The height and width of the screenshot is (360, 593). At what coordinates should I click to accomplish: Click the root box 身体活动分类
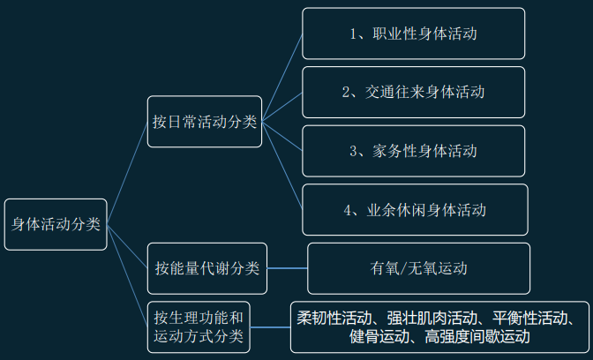pyautogui.click(x=56, y=224)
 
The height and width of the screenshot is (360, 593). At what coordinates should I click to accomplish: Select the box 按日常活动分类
pyautogui.click(x=205, y=122)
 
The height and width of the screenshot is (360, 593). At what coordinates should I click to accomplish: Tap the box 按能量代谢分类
pyautogui.click(x=205, y=267)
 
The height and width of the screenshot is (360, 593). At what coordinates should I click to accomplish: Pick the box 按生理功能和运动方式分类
pyautogui.click(x=200, y=326)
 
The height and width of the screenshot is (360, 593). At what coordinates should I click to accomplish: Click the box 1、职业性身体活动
pyautogui.click(x=414, y=34)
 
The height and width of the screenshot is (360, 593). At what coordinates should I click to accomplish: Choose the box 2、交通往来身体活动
pyautogui.click(x=414, y=92)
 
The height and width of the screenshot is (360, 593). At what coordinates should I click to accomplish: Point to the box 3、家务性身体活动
pyautogui.click(x=414, y=151)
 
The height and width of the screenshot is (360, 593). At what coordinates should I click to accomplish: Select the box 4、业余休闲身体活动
pyautogui.click(x=414, y=210)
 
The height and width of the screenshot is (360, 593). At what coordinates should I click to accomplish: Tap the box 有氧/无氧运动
pyautogui.click(x=419, y=267)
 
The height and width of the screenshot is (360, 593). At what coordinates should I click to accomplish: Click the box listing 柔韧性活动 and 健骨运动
pyautogui.click(x=440, y=326)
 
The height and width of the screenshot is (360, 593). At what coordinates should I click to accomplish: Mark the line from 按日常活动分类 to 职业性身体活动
pyautogui.click(x=282, y=77)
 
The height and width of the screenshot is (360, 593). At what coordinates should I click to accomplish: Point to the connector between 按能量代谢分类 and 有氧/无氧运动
pyautogui.click(x=287, y=267)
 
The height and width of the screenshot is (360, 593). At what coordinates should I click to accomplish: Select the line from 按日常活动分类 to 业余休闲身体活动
pyautogui.click(x=282, y=166)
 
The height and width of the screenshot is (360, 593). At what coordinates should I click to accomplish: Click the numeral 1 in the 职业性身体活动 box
pyautogui.click(x=352, y=34)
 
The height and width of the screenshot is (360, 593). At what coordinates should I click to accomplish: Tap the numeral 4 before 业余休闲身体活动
pyautogui.click(x=349, y=210)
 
